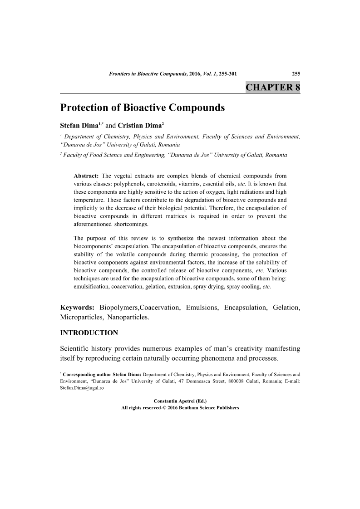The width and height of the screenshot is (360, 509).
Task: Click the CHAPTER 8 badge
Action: tap(272, 88)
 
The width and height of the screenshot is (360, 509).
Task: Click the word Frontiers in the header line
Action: tap(123, 73)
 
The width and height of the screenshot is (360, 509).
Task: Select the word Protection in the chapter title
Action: tap(85, 108)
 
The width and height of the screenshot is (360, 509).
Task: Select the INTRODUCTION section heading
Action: tap(89, 333)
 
